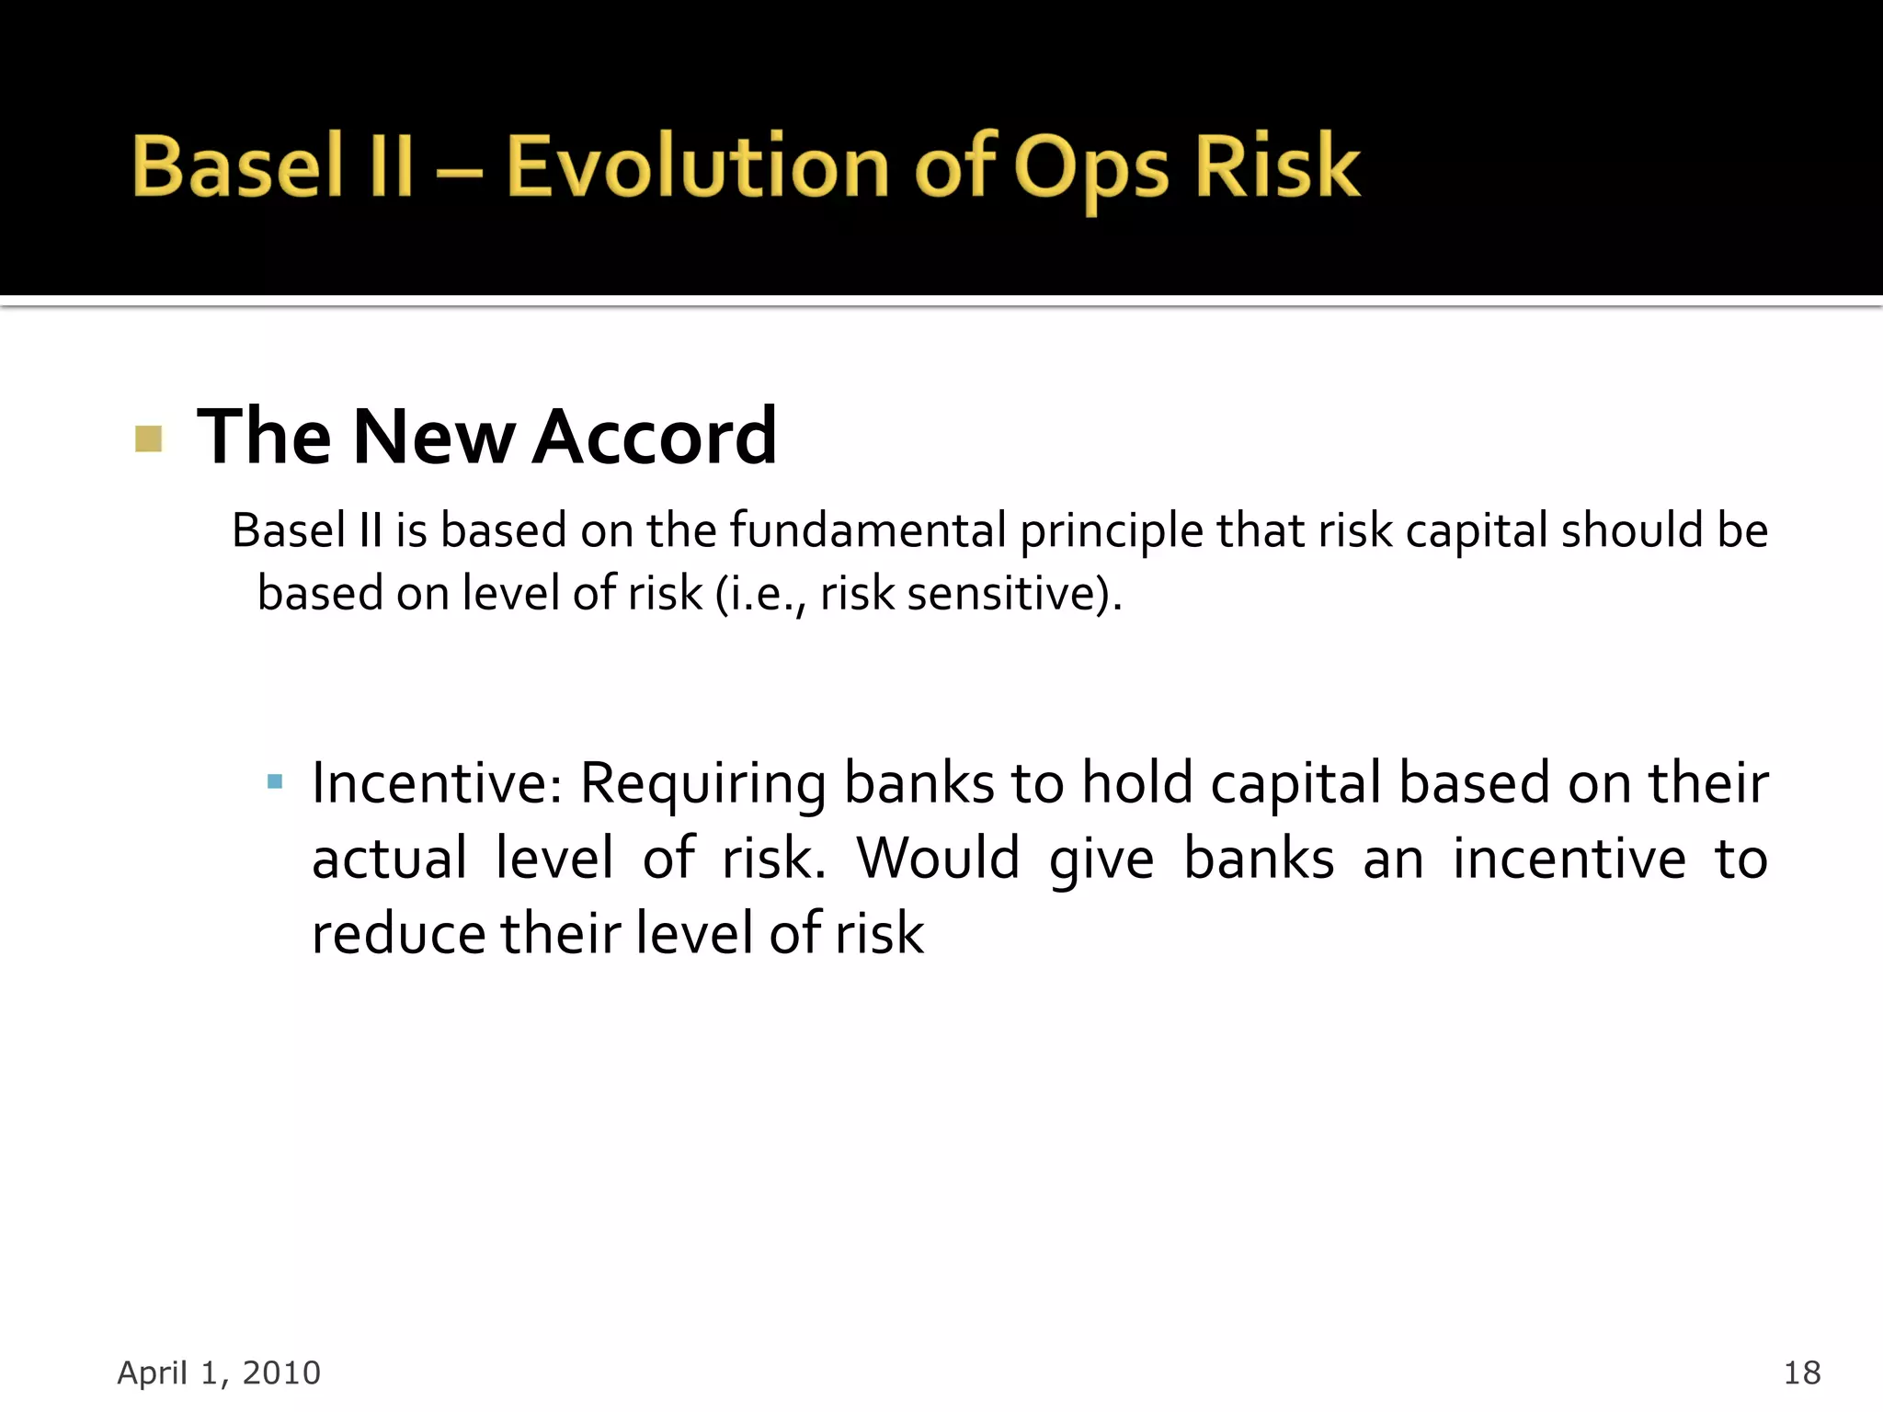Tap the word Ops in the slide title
1090,170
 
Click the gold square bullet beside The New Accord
148,438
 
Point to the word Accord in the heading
655,437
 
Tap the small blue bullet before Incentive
274,782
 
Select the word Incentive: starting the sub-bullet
437,783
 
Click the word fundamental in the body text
868,530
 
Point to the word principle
1112,532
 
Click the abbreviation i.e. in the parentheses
764,593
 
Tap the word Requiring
703,785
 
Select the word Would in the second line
938,859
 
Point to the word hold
1137,783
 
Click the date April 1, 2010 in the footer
219,1372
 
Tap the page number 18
1801,1372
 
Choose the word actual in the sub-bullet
390,859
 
